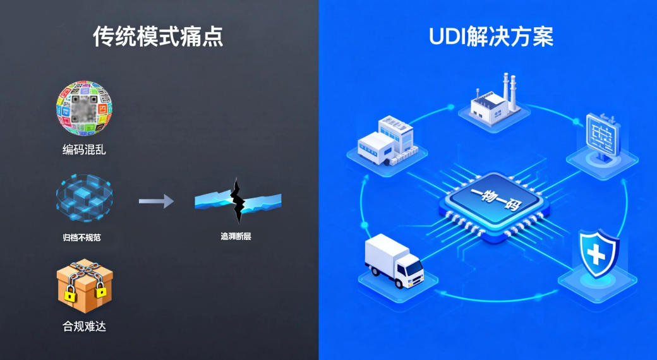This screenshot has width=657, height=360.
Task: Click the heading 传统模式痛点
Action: coord(158,37)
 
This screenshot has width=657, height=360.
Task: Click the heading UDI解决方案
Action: coord(491,37)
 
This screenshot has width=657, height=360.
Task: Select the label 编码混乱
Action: coord(84,150)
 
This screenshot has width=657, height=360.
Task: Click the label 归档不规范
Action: coord(83,238)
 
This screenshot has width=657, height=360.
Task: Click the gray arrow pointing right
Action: coord(156,201)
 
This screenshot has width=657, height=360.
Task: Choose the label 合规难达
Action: coord(84,327)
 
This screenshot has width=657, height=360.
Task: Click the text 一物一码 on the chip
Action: coord(491,193)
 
